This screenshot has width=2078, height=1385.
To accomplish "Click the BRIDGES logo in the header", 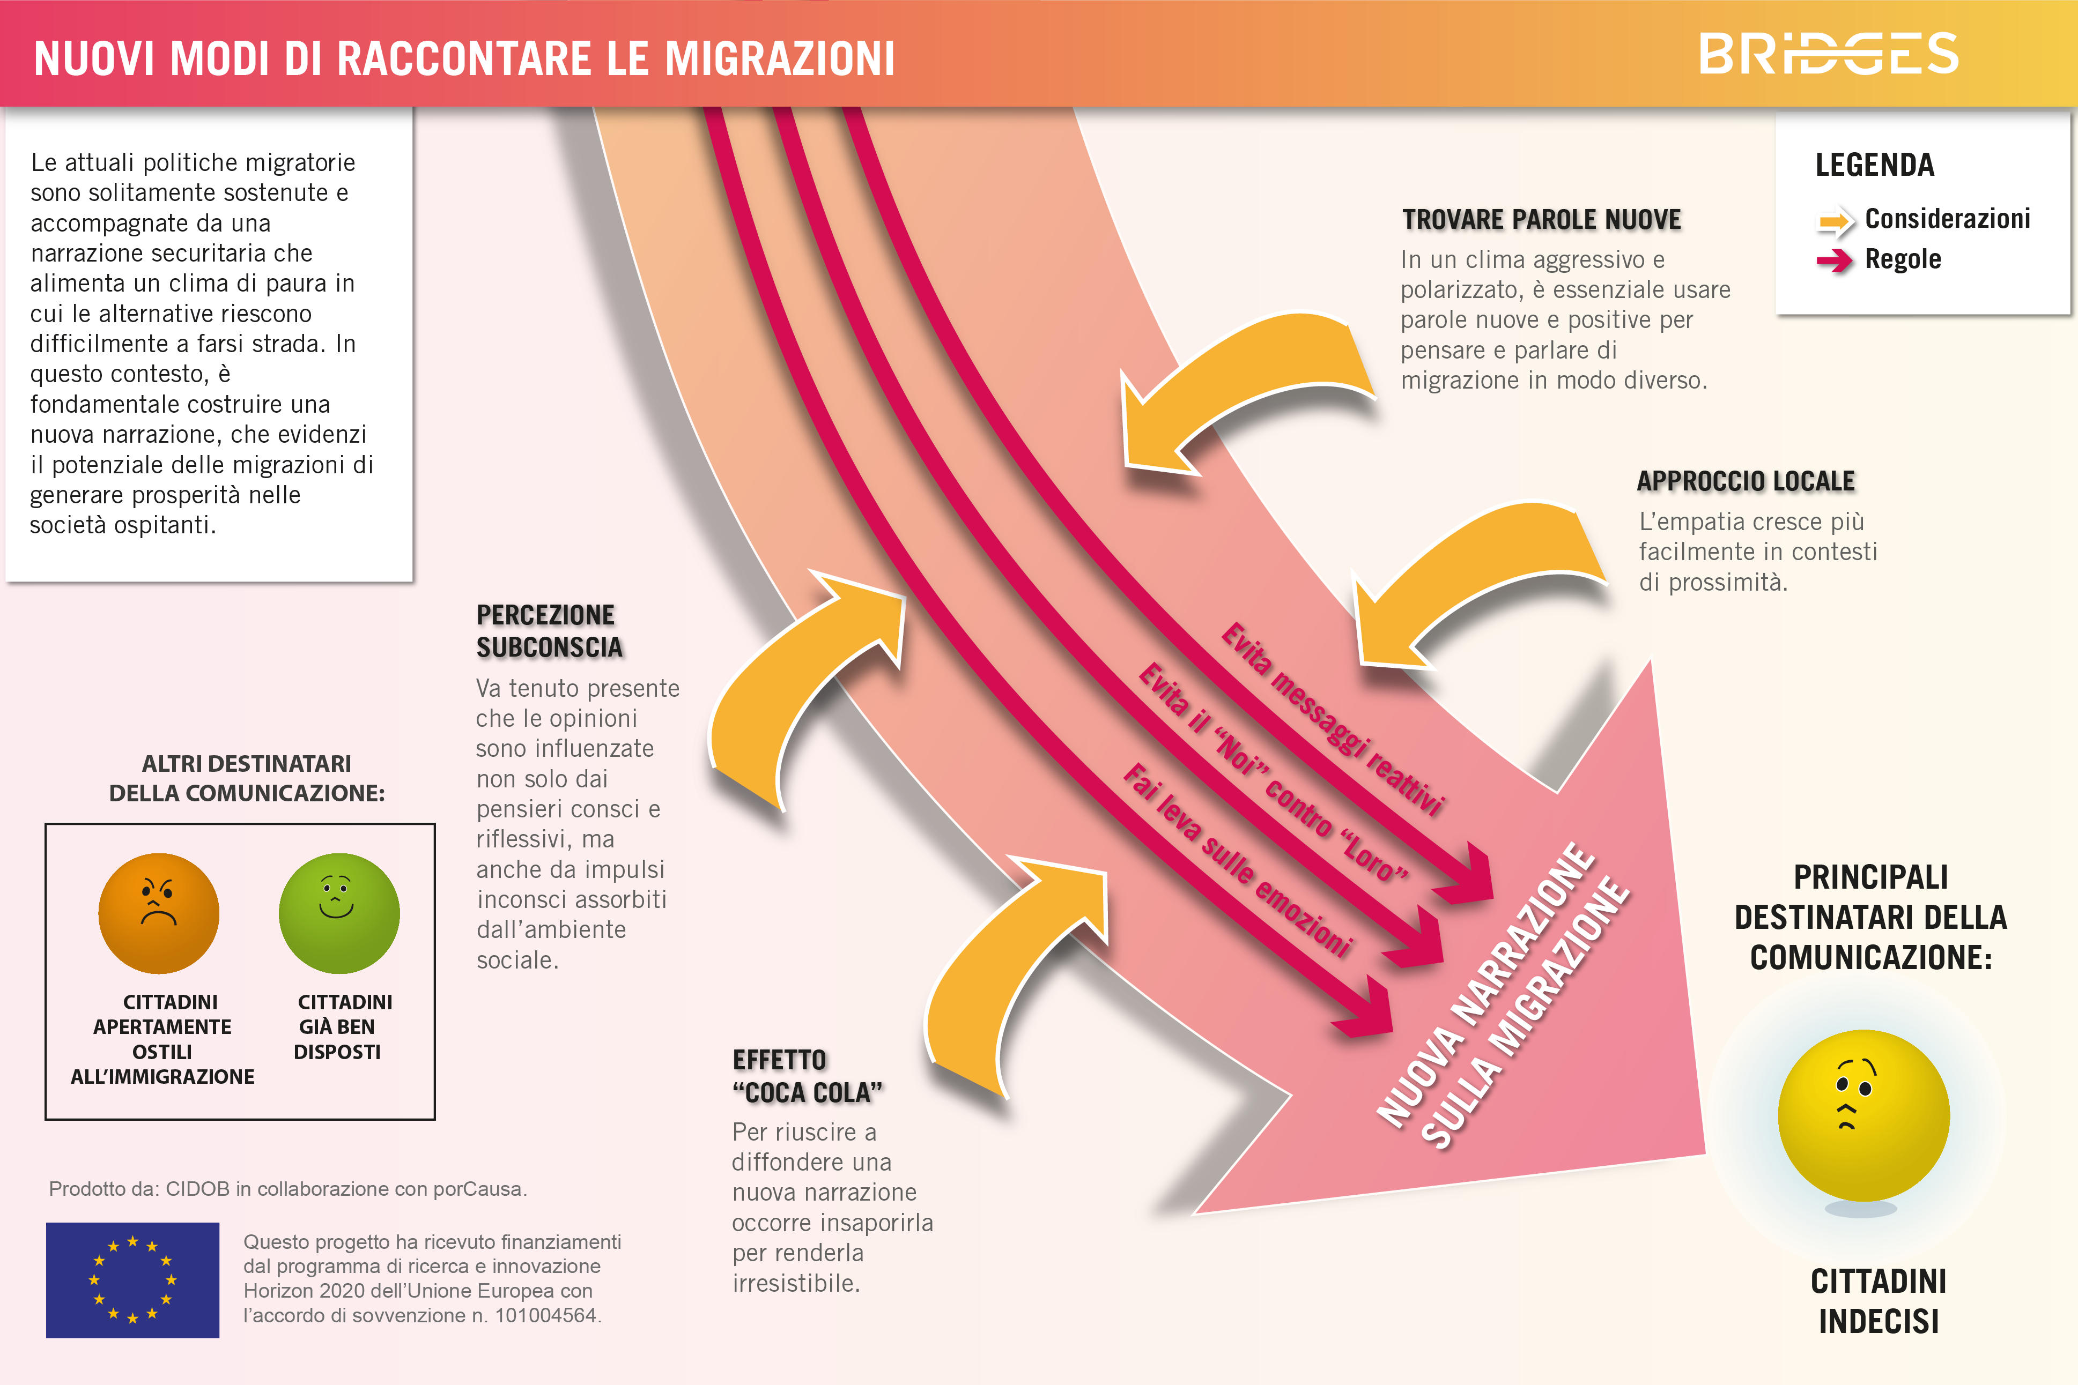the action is pos(1829,54).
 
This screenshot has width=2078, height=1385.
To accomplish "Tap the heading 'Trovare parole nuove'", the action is pos(1542,219).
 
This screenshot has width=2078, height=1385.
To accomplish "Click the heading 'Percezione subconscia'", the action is pos(550,631).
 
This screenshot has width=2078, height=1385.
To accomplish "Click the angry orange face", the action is pos(159,913).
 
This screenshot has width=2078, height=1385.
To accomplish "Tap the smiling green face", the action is pos(339,913).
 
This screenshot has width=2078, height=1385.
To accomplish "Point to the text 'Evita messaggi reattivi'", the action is pos(1332,718).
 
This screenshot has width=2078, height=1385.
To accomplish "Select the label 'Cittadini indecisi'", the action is pos(1879,1301).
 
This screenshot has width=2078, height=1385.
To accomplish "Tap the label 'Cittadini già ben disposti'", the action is pos(343,1026).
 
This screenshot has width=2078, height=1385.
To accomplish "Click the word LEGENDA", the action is pos(1875,165).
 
